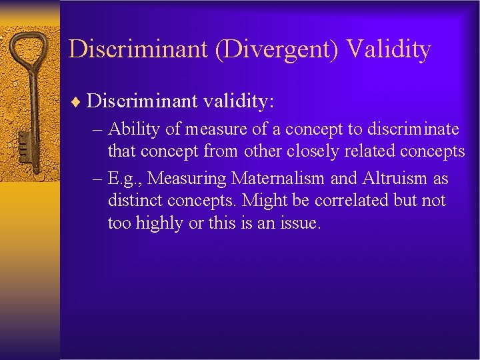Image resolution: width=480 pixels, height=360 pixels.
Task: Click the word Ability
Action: click(133, 128)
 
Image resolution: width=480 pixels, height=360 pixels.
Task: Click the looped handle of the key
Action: click(31, 50)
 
